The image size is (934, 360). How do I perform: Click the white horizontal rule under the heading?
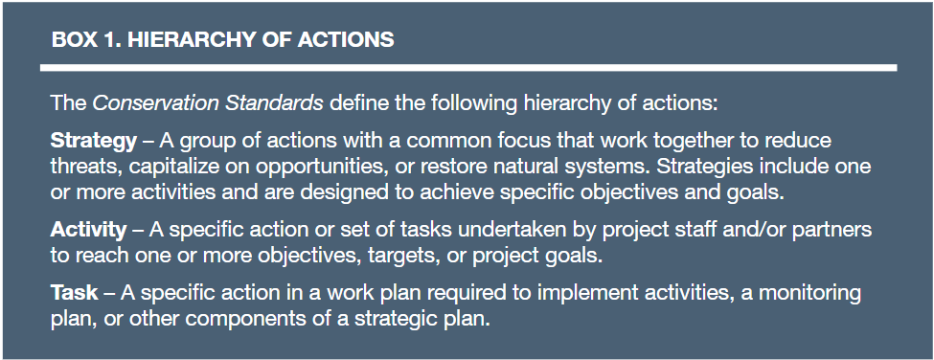(x=468, y=68)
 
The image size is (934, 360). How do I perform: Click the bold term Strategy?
(x=94, y=142)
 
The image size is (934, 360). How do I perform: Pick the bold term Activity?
(x=88, y=229)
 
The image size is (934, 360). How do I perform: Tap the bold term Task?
(x=74, y=292)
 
